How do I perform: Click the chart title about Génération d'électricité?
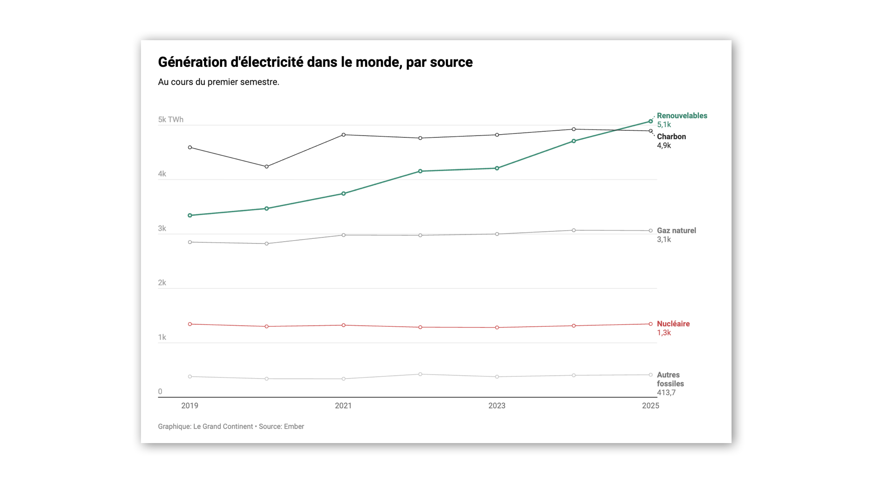pyautogui.click(x=315, y=62)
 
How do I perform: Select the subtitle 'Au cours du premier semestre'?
pyautogui.click(x=218, y=82)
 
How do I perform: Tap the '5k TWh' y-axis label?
pyautogui.click(x=171, y=120)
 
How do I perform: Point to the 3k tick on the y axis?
pyautogui.click(x=162, y=229)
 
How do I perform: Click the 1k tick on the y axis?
pyautogui.click(x=162, y=337)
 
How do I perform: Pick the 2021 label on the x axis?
pyautogui.click(x=343, y=406)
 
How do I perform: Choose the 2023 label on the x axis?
pyautogui.click(x=497, y=406)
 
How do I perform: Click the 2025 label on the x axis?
pyautogui.click(x=650, y=406)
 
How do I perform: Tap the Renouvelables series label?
pyautogui.click(x=682, y=116)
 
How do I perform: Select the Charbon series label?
pyautogui.click(x=671, y=137)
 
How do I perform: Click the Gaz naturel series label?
pyautogui.click(x=676, y=230)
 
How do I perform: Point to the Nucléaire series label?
pyautogui.click(x=673, y=324)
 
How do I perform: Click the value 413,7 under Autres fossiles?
pyautogui.click(x=666, y=393)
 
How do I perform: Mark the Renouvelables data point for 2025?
pyautogui.click(x=650, y=122)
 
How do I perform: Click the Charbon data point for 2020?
pyautogui.click(x=267, y=167)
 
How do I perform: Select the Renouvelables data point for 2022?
pyautogui.click(x=420, y=172)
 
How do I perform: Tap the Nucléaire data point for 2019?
pyautogui.click(x=190, y=324)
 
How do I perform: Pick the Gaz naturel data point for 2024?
pyautogui.click(x=574, y=230)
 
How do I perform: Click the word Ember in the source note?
pyautogui.click(x=294, y=427)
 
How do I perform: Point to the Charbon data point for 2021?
pyautogui.click(x=344, y=135)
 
